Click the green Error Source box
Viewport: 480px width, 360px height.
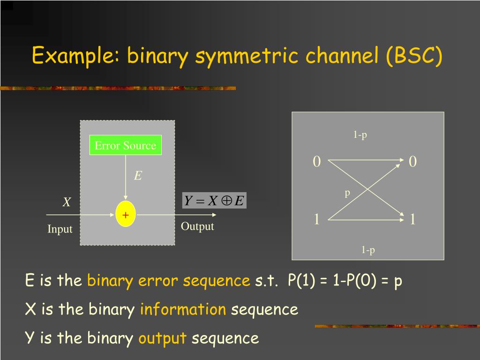coord(125,145)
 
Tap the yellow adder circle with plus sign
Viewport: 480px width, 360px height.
coord(126,215)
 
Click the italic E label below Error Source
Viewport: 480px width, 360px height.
coord(138,176)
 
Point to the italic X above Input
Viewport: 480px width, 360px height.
coord(67,202)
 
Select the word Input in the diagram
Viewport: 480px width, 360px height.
coord(60,229)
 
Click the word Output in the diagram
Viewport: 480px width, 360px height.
coord(197,226)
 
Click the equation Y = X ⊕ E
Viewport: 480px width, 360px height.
coord(214,201)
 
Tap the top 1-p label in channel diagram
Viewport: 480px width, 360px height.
coord(360,135)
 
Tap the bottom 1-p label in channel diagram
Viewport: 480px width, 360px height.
coord(368,250)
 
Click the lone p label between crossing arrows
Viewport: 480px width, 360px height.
coord(347,193)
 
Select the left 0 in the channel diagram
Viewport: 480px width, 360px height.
coord(317,162)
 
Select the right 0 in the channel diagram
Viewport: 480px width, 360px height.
coord(412,162)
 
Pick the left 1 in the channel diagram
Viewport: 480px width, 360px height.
coord(317,219)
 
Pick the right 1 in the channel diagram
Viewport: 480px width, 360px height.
coord(412,219)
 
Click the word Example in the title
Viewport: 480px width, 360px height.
coord(75,56)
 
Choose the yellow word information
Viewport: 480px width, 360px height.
coord(183,309)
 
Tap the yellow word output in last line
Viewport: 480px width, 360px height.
coord(162,338)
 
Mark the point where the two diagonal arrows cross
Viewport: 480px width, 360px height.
coord(367,189)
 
